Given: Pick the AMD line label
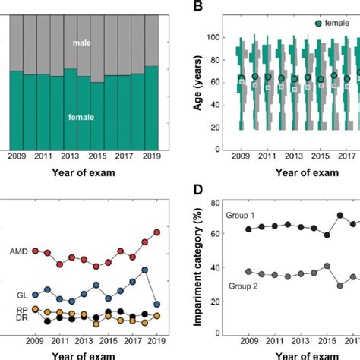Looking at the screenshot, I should pos(20,251).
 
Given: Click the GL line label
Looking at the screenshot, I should pos(24,295).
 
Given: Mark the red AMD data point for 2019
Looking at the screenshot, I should pos(157,232).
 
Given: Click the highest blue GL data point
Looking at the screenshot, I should pos(145,270).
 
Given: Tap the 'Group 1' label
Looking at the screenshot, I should pos(242,216).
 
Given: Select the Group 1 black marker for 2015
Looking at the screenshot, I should pos(327,235).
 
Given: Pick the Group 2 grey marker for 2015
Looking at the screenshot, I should pos(327,267).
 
